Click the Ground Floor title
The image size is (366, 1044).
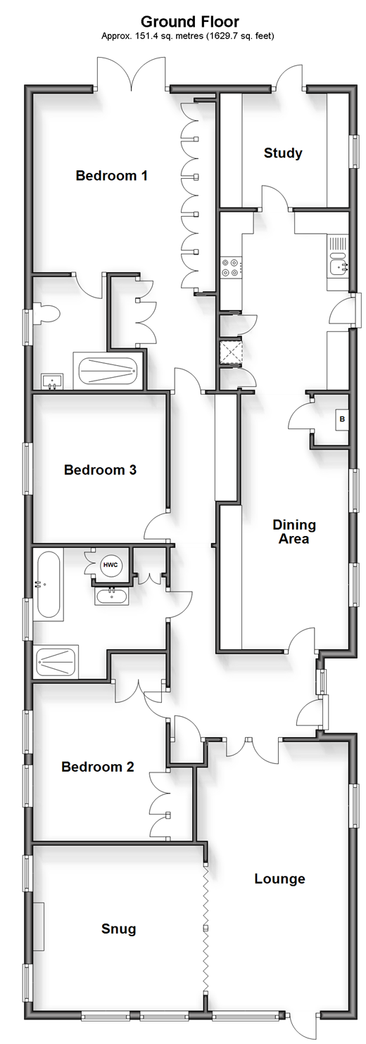click(x=190, y=21)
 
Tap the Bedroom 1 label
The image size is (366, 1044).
click(x=111, y=176)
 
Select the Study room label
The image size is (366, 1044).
click(x=282, y=153)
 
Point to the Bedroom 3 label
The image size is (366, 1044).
click(x=100, y=469)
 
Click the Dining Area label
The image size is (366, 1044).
click(x=294, y=531)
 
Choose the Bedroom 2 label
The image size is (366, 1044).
click(x=97, y=766)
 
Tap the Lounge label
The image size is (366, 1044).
click(x=279, y=879)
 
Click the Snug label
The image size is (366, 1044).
click(x=118, y=929)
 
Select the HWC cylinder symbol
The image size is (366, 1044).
click(x=110, y=566)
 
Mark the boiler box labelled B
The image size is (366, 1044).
click(x=342, y=419)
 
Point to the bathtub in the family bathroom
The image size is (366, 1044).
click(x=48, y=585)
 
